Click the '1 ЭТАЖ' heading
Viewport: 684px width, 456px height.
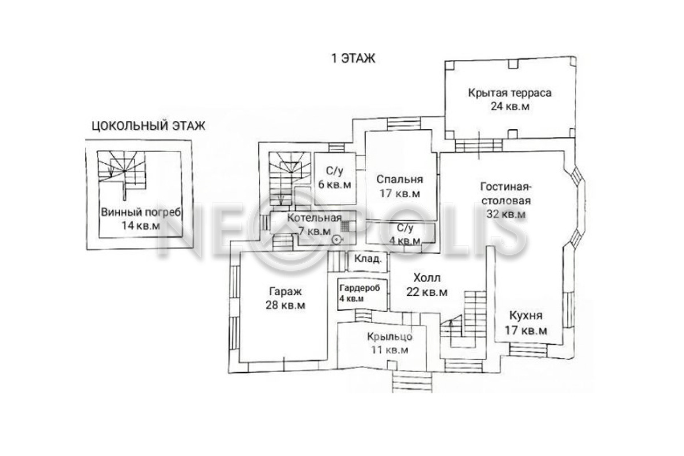353,58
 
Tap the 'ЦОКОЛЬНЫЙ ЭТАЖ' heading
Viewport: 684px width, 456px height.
149,126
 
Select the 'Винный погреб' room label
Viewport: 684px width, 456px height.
141,212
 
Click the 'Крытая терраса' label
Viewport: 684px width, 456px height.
510,93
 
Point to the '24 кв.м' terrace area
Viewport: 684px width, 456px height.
510,106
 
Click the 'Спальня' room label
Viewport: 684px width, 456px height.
400,180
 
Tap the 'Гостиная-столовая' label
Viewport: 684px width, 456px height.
506,194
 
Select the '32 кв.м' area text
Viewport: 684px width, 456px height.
506,214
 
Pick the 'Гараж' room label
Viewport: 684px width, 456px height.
286,291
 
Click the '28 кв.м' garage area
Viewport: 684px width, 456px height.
285,305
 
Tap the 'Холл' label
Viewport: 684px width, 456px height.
427,278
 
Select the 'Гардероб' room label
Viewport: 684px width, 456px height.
360,288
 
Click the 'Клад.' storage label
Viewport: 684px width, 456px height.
368,259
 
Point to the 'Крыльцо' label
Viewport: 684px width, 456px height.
389,336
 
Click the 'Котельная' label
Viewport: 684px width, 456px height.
314,218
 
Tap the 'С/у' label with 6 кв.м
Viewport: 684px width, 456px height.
335,171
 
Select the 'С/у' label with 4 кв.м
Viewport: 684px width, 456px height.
405,228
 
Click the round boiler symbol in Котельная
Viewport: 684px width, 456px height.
337,239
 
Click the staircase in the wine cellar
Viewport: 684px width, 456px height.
121,171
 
